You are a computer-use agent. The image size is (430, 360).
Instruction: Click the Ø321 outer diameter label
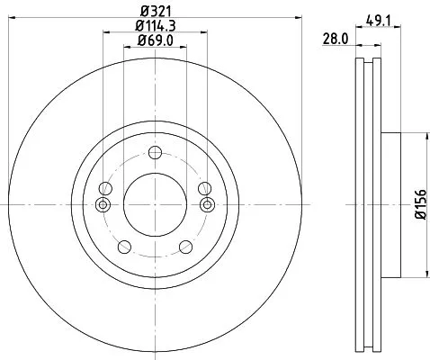[155, 11]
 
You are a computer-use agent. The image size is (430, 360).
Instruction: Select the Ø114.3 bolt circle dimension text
[155, 26]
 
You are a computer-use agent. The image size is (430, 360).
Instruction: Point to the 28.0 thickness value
[335, 38]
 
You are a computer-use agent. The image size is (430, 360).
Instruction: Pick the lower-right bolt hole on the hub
[185, 247]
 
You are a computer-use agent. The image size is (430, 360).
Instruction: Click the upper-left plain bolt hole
[105, 189]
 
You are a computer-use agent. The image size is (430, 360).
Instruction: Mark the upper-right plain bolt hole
[204, 189]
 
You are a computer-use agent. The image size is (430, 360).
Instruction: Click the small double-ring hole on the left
[102, 205]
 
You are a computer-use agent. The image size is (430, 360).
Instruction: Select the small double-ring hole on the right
[208, 205]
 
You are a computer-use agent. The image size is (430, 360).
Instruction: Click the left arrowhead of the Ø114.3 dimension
[105, 33]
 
